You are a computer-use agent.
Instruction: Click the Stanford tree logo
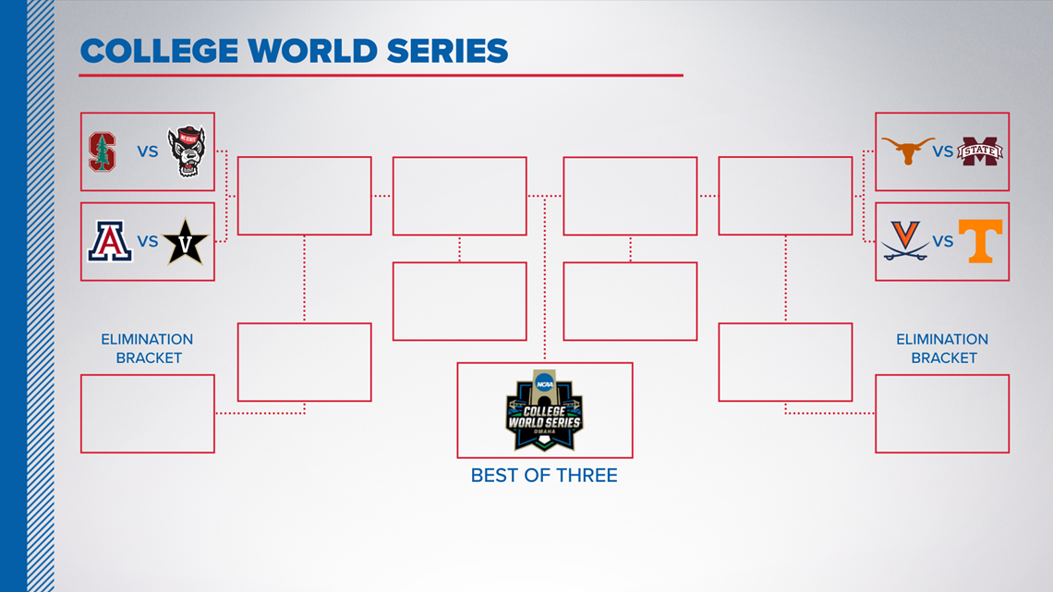(103, 151)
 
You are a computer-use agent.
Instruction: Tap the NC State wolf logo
(186, 151)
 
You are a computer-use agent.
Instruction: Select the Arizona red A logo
(110, 241)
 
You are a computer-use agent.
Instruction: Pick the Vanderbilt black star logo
(186, 242)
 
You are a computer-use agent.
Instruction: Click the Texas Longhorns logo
(907, 151)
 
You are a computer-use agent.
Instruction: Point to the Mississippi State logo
(980, 151)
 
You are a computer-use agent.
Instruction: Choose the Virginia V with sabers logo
(905, 240)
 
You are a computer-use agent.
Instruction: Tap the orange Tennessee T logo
(980, 241)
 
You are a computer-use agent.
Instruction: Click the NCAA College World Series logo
(545, 410)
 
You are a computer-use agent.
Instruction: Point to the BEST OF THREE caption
(544, 476)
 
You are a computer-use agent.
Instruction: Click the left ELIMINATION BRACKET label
(148, 348)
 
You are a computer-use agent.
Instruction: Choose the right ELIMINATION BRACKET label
(942, 348)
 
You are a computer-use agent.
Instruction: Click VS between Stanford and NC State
(148, 151)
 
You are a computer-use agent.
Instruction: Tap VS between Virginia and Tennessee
(943, 242)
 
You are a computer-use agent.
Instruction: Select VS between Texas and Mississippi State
(943, 151)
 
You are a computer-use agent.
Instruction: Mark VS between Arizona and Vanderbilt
(148, 242)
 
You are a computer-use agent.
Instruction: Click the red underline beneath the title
(381, 75)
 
